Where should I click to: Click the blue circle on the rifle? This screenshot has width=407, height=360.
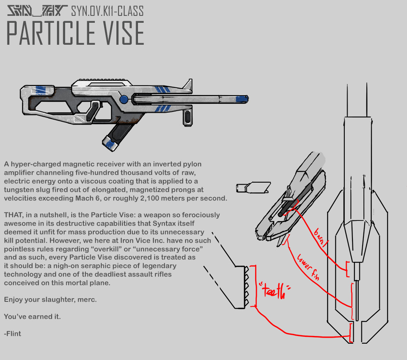(123, 99)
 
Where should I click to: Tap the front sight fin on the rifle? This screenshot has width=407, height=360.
(188, 85)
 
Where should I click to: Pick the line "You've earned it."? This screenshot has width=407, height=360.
(32, 316)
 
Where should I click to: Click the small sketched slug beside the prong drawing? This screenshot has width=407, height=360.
(253, 188)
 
